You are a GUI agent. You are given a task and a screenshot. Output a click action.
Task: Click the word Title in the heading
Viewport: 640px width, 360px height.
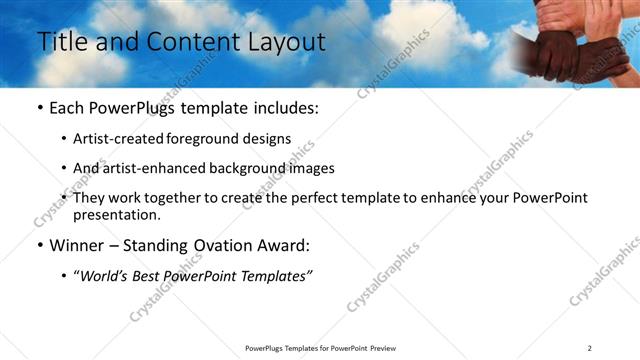(58, 42)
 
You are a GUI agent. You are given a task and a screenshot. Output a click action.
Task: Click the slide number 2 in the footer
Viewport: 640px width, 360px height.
(589, 348)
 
